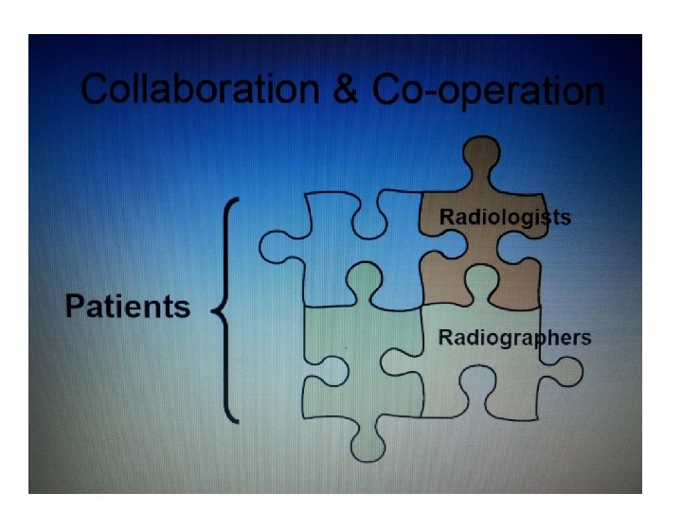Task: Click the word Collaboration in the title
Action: (200, 90)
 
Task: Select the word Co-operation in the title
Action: (487, 92)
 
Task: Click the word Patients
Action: (128, 307)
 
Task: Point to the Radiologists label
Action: (505, 218)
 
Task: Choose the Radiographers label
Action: (514, 338)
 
